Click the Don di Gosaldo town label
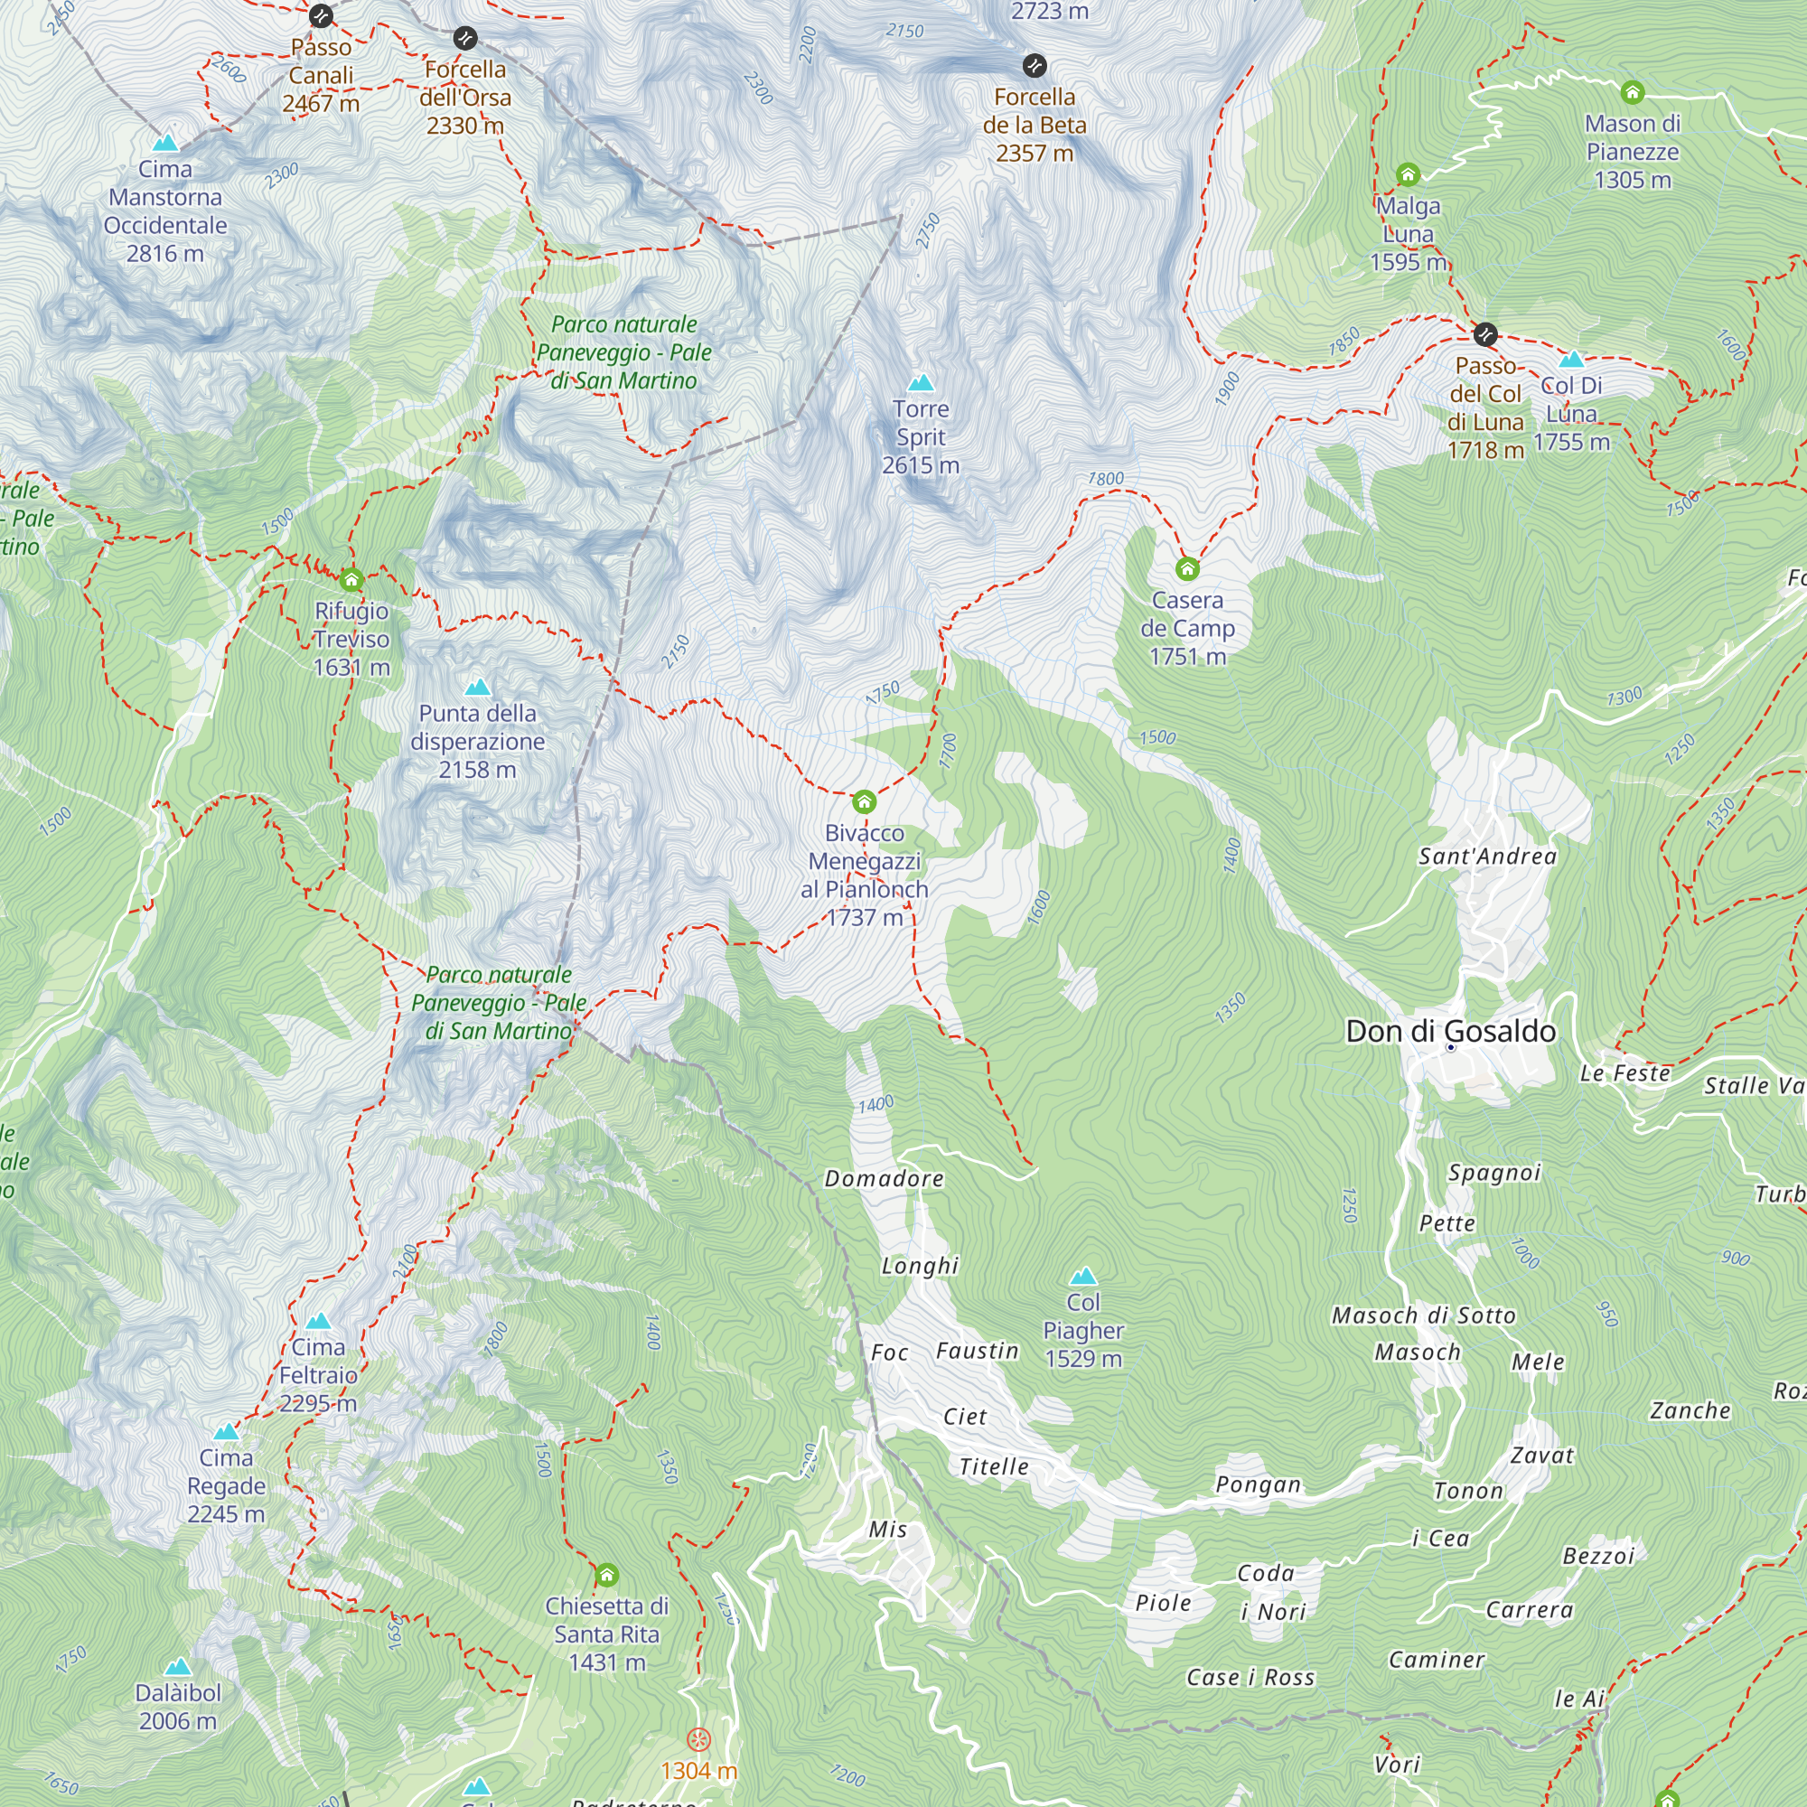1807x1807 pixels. pyautogui.click(x=1451, y=1031)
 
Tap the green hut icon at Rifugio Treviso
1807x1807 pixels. pyautogui.click(x=351, y=580)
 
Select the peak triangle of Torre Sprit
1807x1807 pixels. pyautogui.click(x=922, y=382)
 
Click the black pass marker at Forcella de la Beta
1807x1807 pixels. pyautogui.click(x=1034, y=65)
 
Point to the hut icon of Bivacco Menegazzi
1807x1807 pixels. pyautogui.click(x=865, y=801)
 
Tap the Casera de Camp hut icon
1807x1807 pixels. pyautogui.click(x=1187, y=568)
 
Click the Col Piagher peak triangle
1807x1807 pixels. pyautogui.click(x=1083, y=1276)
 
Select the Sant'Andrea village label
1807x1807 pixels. pyautogui.click(x=1487, y=856)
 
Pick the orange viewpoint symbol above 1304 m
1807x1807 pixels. pyautogui.click(x=698, y=1739)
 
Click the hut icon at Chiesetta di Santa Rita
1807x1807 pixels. pyautogui.click(x=607, y=1575)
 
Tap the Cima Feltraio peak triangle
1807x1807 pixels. pyautogui.click(x=318, y=1321)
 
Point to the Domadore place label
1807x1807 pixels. pyautogui.click(x=884, y=1178)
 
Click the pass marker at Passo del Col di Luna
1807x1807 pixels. pyautogui.click(x=1485, y=334)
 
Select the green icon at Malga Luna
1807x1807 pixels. pyautogui.click(x=1408, y=174)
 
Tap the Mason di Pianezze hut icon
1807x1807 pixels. pyautogui.click(x=1632, y=91)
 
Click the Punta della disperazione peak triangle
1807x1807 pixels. pyautogui.click(x=478, y=688)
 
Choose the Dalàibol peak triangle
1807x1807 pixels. pyautogui.click(x=178, y=1667)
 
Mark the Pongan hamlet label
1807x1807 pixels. pyautogui.click(x=1258, y=1484)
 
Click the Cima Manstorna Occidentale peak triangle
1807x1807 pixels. pyautogui.click(x=165, y=143)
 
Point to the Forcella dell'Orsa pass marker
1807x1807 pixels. pyautogui.click(x=464, y=38)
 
